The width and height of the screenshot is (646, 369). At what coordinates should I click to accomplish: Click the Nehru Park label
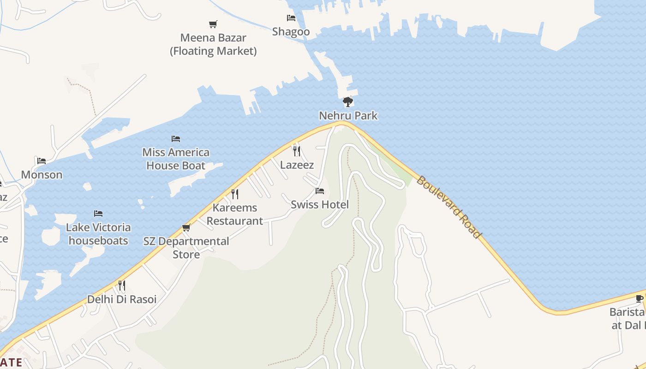(348, 116)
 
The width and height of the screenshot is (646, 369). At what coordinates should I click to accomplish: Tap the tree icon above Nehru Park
(348, 102)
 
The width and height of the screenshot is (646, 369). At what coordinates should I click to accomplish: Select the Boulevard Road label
(449, 206)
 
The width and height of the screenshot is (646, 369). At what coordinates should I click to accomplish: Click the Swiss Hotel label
(320, 204)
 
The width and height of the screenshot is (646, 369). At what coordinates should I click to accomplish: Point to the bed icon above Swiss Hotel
(320, 191)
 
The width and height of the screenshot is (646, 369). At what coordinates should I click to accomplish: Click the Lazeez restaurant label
(297, 165)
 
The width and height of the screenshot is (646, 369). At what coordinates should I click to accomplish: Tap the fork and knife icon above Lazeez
(297, 151)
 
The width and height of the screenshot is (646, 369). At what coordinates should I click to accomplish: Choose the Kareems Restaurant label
(235, 214)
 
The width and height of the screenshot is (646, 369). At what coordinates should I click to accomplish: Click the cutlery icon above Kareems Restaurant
(235, 194)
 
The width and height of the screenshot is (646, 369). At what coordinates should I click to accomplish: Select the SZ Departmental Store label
(186, 248)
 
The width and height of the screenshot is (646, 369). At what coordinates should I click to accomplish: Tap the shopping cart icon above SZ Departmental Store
(186, 227)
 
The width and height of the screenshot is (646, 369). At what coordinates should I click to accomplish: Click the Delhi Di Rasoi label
(122, 299)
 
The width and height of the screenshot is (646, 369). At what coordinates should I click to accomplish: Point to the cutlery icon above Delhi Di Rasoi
(121, 286)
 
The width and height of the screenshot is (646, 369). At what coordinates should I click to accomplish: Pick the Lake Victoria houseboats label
(98, 234)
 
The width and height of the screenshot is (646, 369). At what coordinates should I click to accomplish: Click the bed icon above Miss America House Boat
(176, 138)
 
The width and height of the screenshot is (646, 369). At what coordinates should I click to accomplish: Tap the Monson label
(42, 175)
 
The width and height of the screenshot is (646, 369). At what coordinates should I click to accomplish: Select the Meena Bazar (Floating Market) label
(213, 44)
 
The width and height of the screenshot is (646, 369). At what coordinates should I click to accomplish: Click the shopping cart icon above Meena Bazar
(213, 24)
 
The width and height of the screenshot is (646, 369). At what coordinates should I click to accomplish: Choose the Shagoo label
(291, 32)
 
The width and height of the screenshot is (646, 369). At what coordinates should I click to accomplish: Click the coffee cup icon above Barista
(640, 298)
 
